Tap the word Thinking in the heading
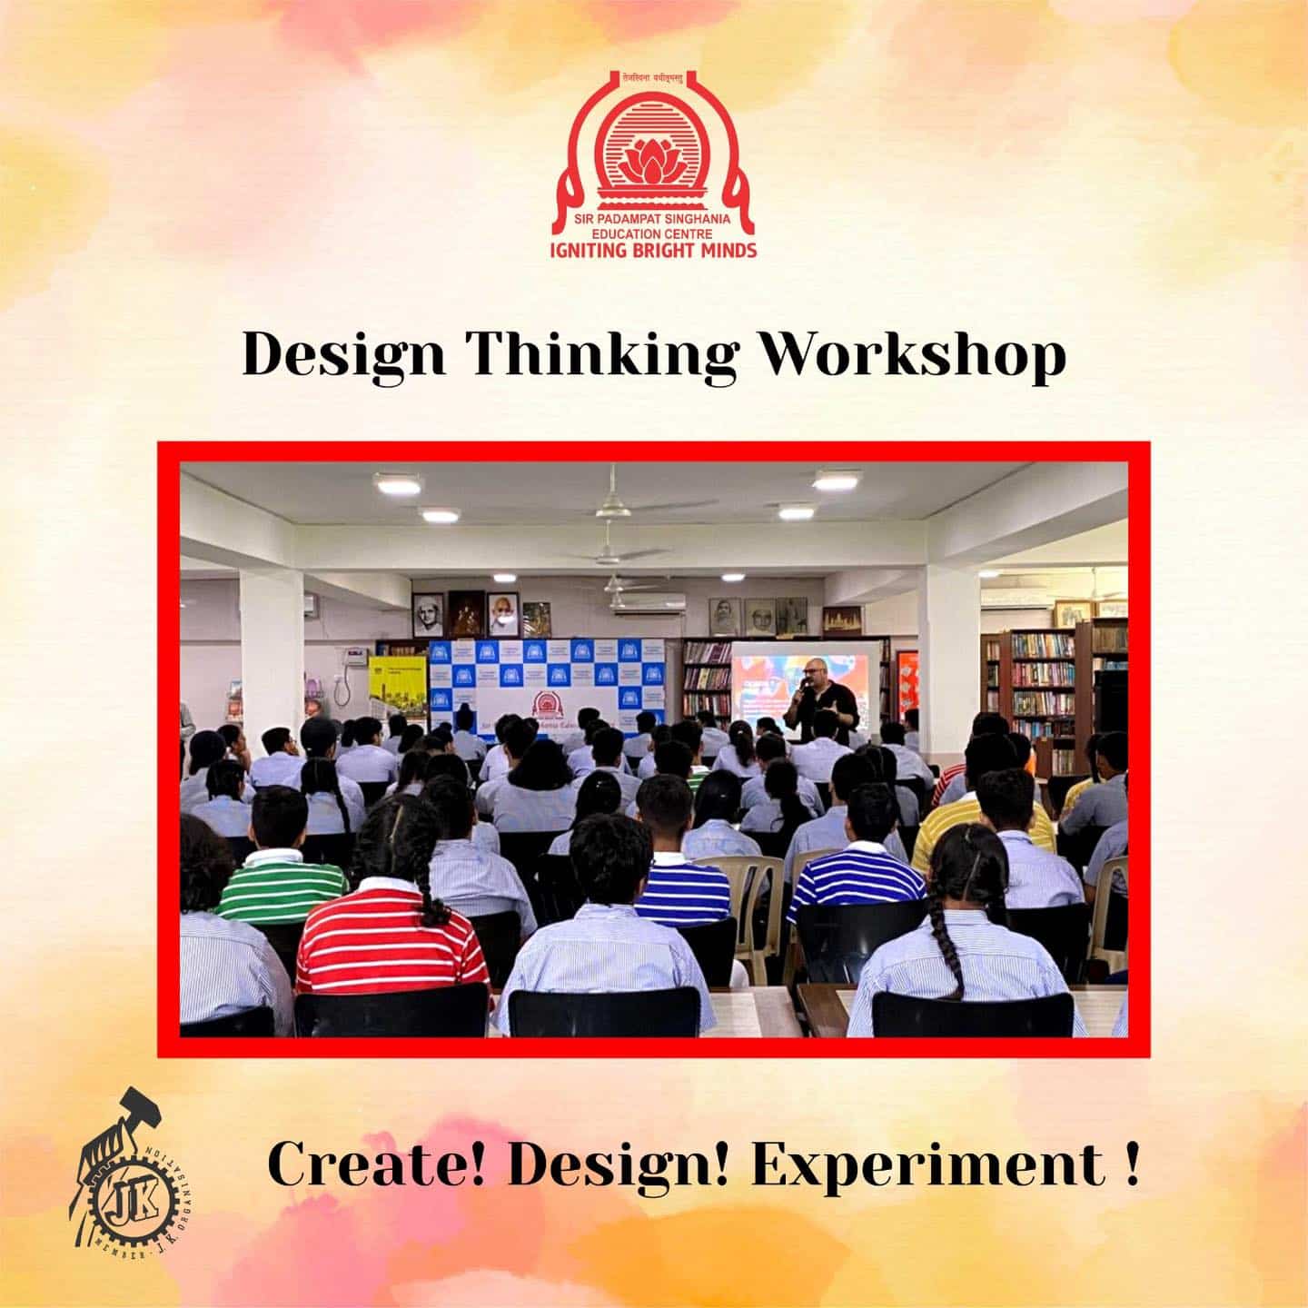click(600, 355)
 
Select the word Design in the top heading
click(344, 355)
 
